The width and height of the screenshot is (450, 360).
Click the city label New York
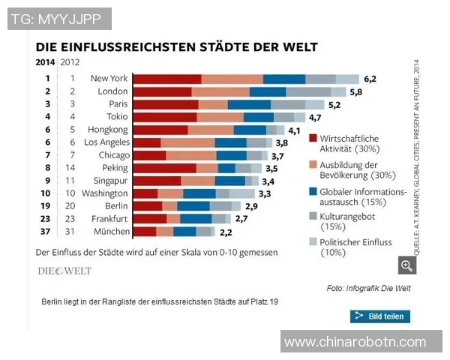pyautogui.click(x=109, y=78)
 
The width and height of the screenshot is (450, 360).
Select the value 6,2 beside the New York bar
pyautogui.click(x=370, y=78)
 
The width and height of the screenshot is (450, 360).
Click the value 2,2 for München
pyautogui.click(x=225, y=232)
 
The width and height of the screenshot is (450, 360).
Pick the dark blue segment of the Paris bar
pyautogui.click(x=249, y=103)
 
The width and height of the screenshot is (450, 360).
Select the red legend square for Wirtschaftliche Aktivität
pyautogui.click(x=313, y=139)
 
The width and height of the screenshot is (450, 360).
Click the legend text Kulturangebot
pyautogui.click(x=347, y=215)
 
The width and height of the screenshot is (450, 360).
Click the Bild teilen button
pyautogui.click(x=379, y=316)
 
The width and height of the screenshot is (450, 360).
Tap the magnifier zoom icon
pyautogui.click(x=407, y=265)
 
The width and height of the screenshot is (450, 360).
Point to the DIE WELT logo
pyautogui.click(x=64, y=271)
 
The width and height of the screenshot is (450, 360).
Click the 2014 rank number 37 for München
pyautogui.click(x=46, y=232)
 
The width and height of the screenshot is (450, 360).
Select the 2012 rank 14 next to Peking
pyautogui.click(x=72, y=168)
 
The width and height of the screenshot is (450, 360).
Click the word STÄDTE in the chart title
pyautogui.click(x=222, y=46)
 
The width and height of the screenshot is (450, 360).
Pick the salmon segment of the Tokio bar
pyautogui.click(x=220, y=116)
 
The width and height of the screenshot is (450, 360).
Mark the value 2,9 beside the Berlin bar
pyautogui.click(x=250, y=206)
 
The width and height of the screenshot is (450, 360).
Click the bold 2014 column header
pyautogui.click(x=45, y=62)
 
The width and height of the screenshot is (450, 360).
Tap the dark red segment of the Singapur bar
pyautogui.click(x=157, y=181)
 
